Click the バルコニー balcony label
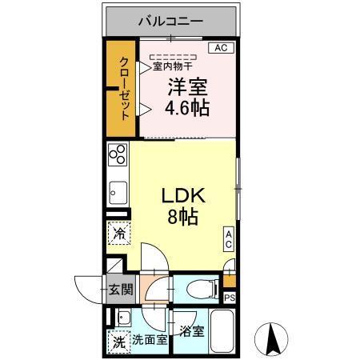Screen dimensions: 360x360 click(x=170, y=22)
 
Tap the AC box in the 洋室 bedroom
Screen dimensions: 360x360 click(x=222, y=48)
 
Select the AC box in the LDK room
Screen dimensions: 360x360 click(x=228, y=238)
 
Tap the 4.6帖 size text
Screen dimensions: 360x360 click(x=188, y=108)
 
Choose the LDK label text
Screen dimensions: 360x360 click(x=185, y=195)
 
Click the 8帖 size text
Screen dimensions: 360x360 click(x=185, y=216)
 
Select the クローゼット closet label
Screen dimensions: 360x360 click(x=126, y=88)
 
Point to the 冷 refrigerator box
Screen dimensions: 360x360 click(x=118, y=235)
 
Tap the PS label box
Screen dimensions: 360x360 click(x=230, y=298)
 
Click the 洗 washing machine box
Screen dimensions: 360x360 click(x=118, y=339)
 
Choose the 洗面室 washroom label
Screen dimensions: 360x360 click(x=150, y=339)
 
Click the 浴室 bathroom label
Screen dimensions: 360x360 click(x=192, y=330)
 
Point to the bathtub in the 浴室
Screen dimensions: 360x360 click(x=223, y=333)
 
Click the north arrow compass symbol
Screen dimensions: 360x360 click(x=272, y=339)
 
